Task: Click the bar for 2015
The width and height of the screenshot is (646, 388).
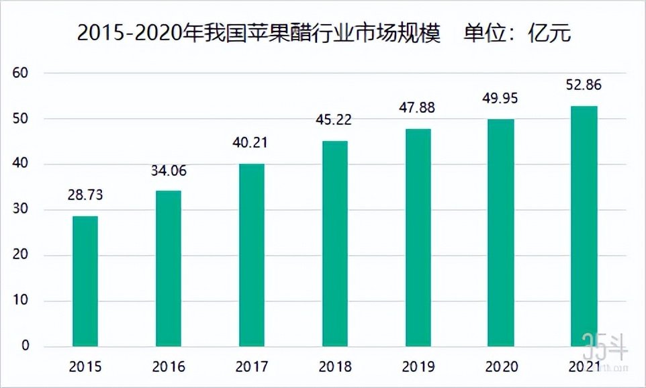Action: pos(85,281)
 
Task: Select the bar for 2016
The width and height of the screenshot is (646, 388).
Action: pos(169,269)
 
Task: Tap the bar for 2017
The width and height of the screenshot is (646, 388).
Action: pos(252,255)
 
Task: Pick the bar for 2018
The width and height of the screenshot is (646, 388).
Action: pos(335,244)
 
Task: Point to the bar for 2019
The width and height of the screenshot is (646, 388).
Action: pos(418,238)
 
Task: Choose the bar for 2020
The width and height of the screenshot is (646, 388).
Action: pos(502,233)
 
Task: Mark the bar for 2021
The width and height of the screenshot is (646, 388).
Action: pos(584,226)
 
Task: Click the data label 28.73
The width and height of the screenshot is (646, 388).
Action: pos(85,195)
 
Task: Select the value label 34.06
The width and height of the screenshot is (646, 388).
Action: pos(169,171)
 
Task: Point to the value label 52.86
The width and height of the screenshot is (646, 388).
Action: pos(584,85)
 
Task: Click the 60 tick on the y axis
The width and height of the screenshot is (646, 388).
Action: pos(22,73)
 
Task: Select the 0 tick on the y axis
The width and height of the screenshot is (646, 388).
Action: pos(26,346)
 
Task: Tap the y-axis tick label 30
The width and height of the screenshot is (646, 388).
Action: pos(22,210)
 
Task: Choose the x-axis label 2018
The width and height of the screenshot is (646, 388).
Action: pos(335,367)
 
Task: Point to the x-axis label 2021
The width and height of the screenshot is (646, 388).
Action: pos(584,367)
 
